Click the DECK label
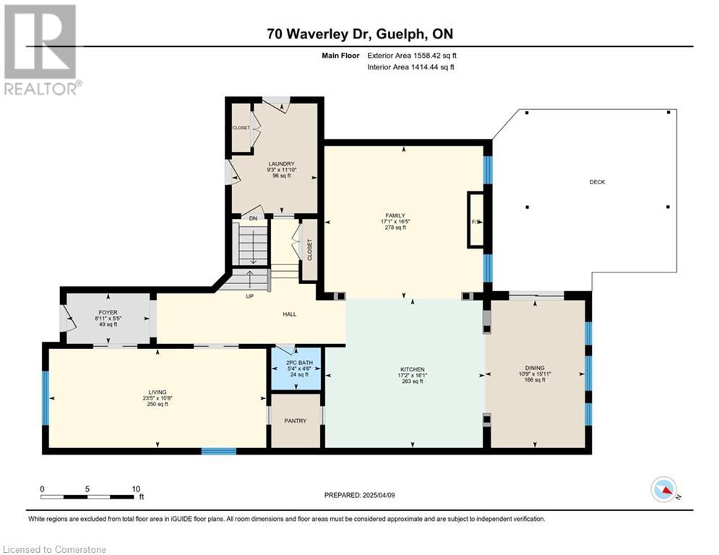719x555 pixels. click(597, 182)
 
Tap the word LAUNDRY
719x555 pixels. click(281, 164)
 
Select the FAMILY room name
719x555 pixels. click(395, 215)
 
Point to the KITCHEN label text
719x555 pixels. click(412, 369)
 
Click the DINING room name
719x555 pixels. click(535, 368)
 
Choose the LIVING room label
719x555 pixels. click(158, 392)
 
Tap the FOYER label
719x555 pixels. click(108, 312)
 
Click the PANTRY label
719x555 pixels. click(296, 421)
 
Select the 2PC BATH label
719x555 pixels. click(299, 363)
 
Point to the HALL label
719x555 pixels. click(289, 314)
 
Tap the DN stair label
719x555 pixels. click(253, 219)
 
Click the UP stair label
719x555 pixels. click(249, 296)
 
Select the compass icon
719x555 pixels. click(664, 489)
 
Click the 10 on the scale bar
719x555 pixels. click(136, 489)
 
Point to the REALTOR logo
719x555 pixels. click(41, 50)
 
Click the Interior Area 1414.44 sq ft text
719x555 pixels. click(411, 67)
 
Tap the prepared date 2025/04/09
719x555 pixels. click(379, 495)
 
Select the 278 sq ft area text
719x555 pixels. click(395, 227)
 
